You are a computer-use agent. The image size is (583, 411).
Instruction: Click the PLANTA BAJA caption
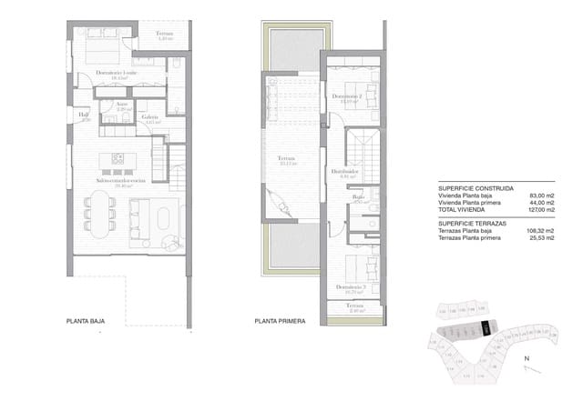click(89, 321)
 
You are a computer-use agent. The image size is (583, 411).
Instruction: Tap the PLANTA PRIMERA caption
click(280, 321)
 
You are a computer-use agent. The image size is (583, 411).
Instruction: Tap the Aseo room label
click(121, 105)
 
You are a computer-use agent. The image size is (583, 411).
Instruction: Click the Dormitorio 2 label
click(348, 96)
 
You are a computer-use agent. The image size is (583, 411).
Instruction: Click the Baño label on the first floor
click(358, 196)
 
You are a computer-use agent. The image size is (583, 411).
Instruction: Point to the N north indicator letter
click(526, 359)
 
